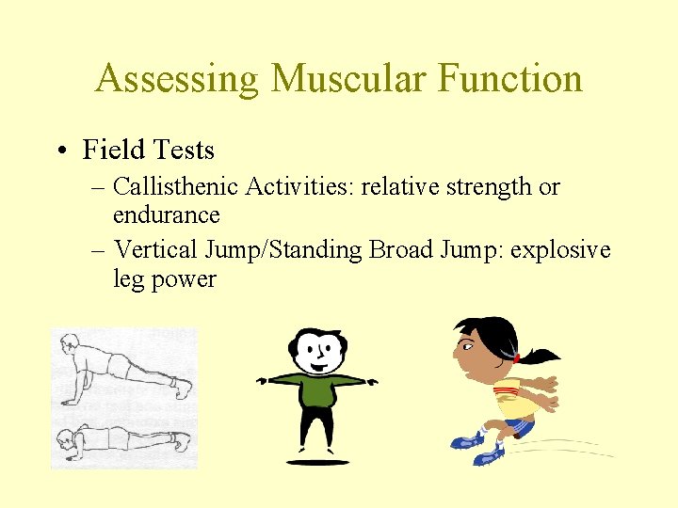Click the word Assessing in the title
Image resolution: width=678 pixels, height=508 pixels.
coord(176,79)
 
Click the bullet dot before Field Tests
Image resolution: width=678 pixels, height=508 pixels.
coord(63,151)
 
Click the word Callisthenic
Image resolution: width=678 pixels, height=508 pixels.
coord(175,187)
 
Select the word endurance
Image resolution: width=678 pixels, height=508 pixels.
coord(166,215)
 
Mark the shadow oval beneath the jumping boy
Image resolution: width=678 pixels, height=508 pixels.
coord(317,462)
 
